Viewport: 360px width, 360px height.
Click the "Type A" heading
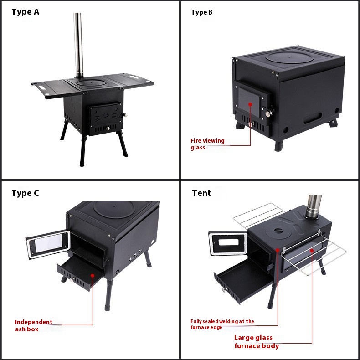[25, 12]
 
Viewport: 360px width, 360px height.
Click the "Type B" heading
[201, 12]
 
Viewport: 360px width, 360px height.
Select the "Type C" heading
[25, 193]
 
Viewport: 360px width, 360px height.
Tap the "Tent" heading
[201, 193]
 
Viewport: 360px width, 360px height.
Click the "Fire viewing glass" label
[207, 144]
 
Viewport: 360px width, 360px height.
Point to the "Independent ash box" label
[34, 325]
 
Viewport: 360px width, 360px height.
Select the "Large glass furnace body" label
[257, 342]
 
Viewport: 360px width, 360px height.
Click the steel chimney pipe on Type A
[78, 45]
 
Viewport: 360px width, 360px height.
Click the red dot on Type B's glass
[250, 104]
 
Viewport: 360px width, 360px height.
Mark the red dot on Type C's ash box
[93, 276]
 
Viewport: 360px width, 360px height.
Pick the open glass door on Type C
[48, 244]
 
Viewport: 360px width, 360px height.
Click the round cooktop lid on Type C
[113, 209]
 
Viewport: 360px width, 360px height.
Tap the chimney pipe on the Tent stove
[314, 206]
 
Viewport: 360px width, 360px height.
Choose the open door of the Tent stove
[228, 243]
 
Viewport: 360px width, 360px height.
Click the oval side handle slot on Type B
[313, 118]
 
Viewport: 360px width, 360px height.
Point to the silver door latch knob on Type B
[268, 113]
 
